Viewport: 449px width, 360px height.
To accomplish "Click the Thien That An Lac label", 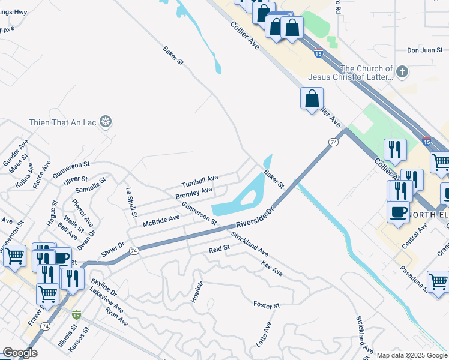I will click(62, 123).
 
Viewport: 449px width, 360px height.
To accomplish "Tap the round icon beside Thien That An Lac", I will click(106, 123).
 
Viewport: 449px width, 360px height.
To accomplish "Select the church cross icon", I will click(402, 73).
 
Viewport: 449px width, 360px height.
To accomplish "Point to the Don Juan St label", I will click(424, 50).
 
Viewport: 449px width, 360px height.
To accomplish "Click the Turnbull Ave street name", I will click(200, 179).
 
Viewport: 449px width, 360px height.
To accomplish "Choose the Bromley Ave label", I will click(194, 193).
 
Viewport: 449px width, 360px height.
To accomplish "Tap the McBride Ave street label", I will click(161, 220).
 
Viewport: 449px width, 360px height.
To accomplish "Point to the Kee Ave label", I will click(272, 268).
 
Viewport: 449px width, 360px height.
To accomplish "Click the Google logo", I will click(20, 353).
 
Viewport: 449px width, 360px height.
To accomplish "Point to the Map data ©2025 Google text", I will click(411, 355).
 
